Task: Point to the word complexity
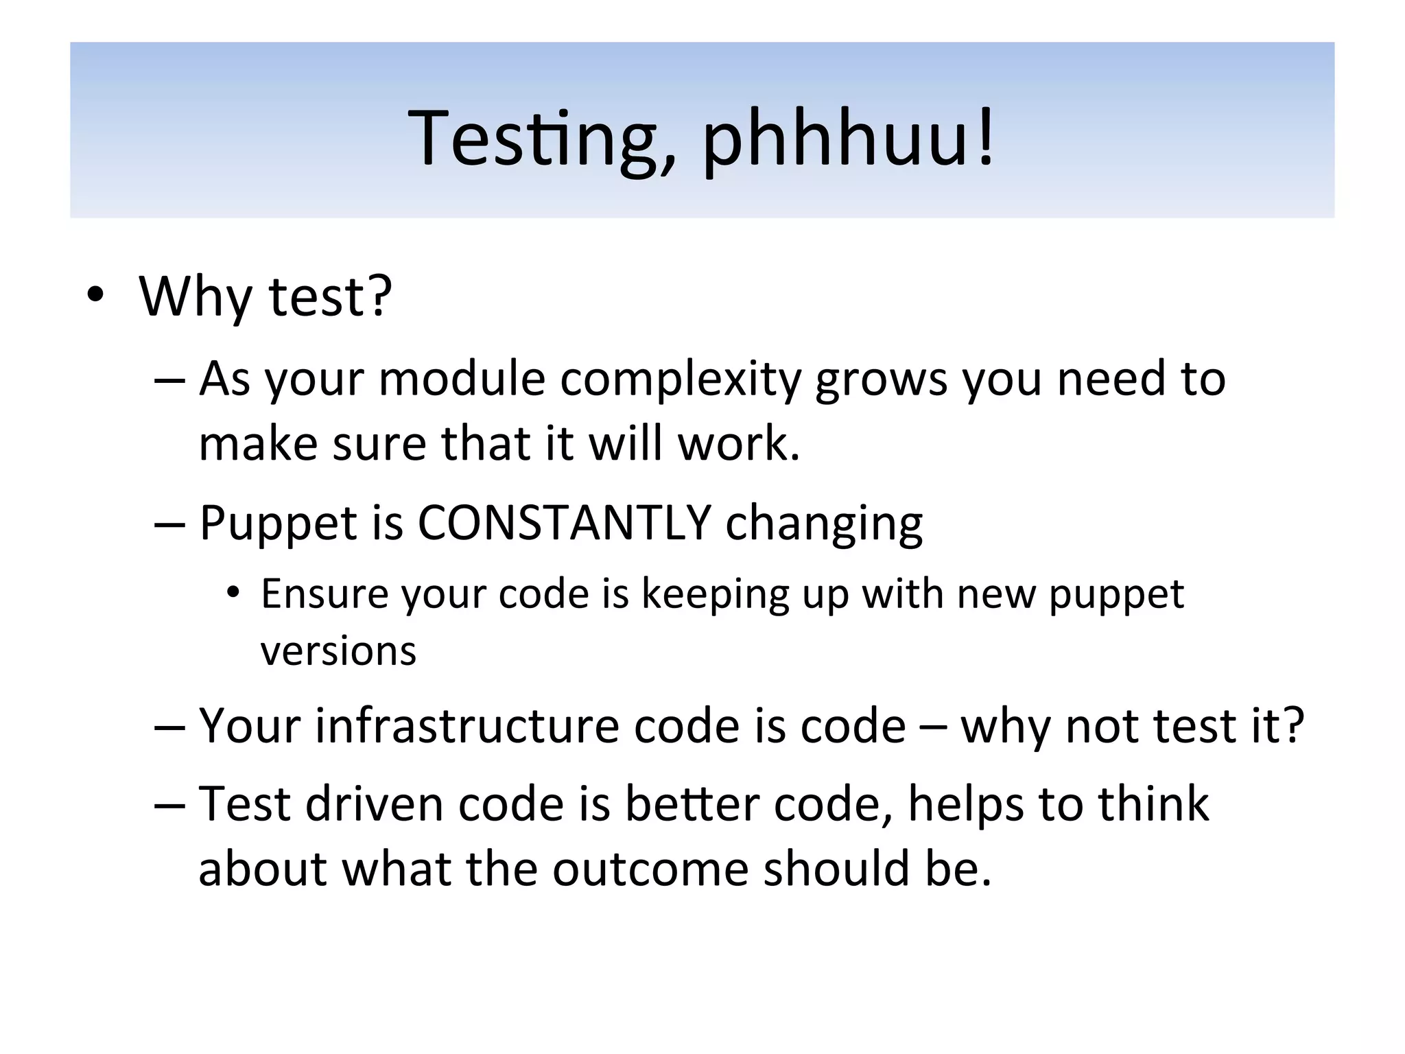click(680, 379)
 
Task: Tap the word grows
click(881, 379)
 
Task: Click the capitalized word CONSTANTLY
click(564, 523)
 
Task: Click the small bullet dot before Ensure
click(234, 592)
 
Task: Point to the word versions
click(338, 651)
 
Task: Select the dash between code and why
click(932, 727)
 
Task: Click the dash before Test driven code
click(169, 804)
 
